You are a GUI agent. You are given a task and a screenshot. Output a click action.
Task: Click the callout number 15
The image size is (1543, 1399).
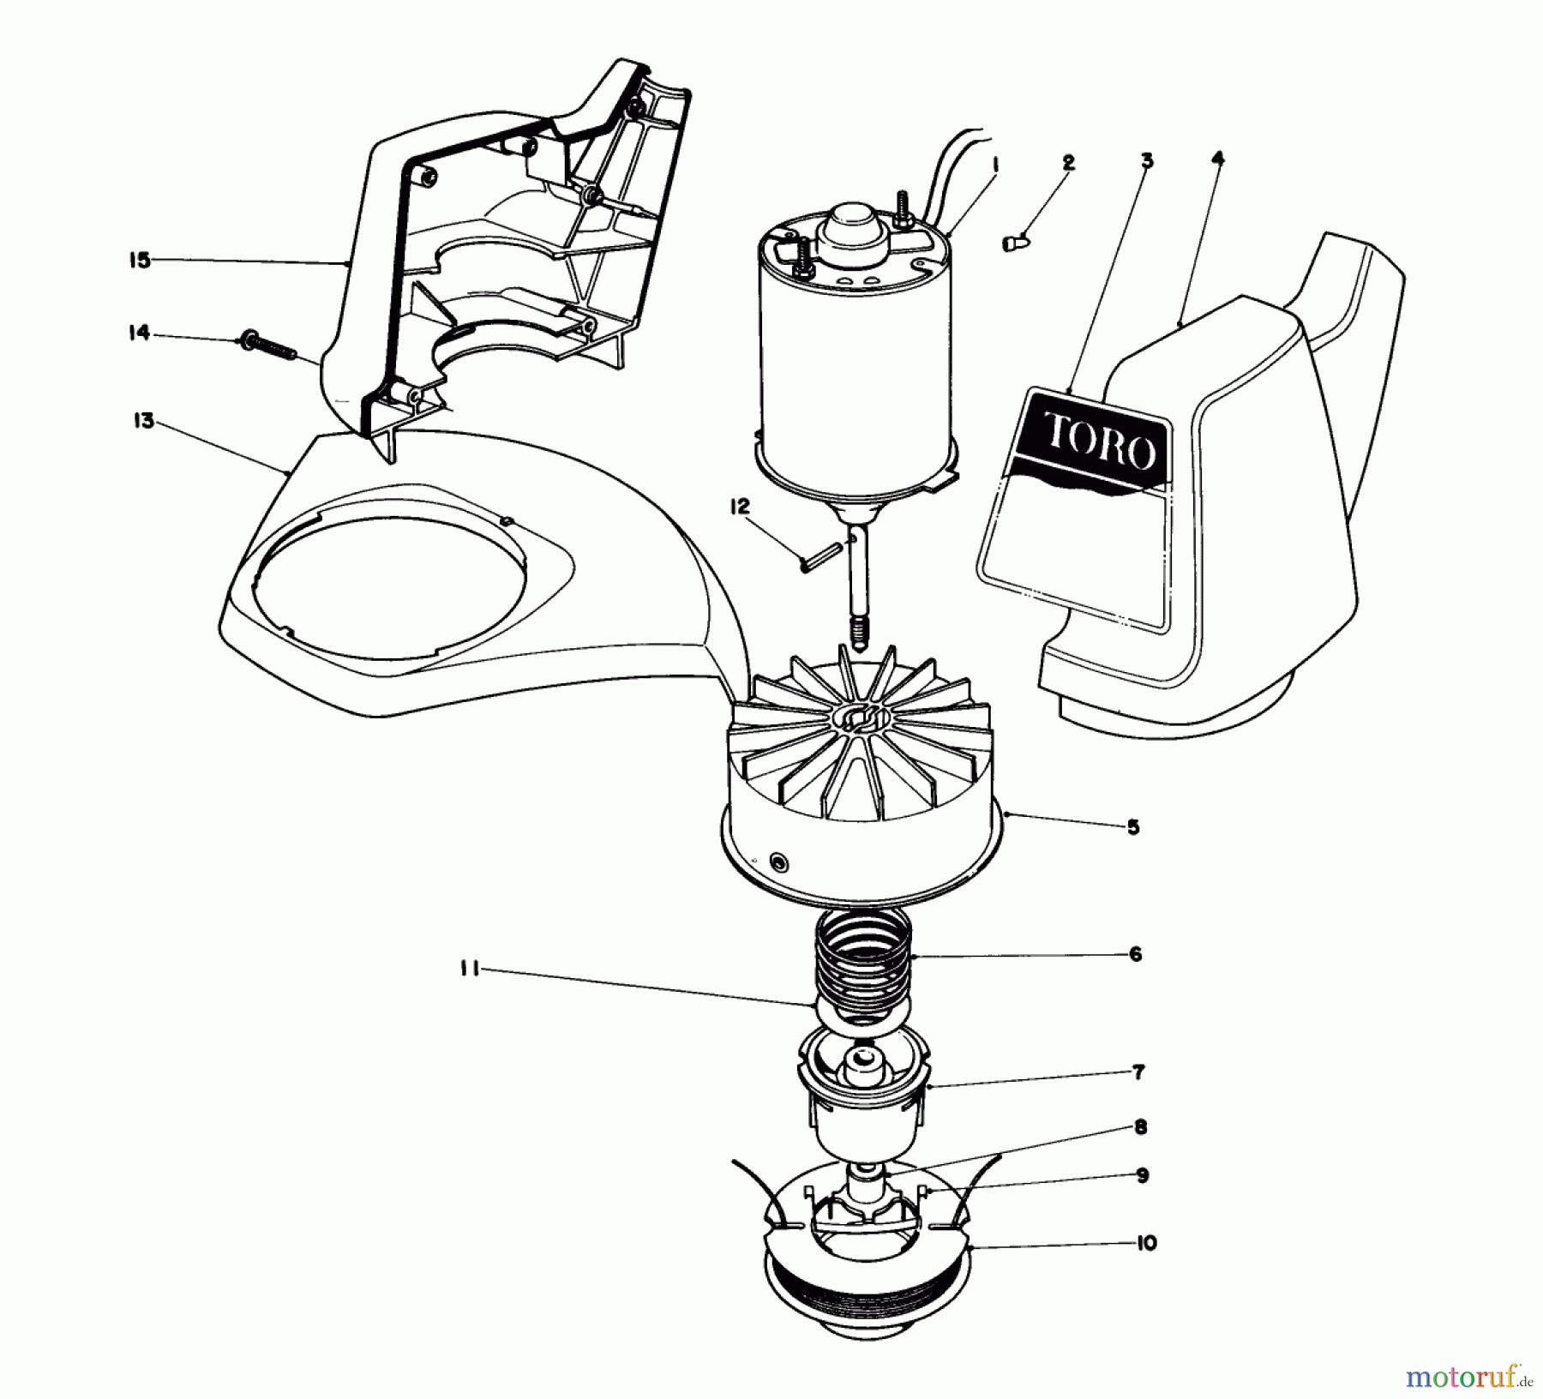(140, 260)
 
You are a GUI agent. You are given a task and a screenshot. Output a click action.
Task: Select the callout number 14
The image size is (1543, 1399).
(139, 333)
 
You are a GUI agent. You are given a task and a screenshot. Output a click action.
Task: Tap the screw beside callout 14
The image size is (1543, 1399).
(267, 346)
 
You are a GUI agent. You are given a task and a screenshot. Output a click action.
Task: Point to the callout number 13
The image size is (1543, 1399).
(143, 421)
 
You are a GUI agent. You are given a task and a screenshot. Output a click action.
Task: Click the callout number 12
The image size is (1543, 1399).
(740, 507)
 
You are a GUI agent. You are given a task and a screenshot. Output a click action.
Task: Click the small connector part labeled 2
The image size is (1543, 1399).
(1017, 243)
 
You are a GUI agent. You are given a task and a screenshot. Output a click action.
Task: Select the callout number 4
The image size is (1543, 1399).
(1218, 159)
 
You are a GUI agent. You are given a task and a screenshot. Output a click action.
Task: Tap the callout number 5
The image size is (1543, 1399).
(1132, 827)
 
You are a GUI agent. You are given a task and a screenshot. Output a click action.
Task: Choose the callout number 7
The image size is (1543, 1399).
(1138, 1072)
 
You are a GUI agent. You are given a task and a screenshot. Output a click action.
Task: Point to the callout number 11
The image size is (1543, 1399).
(468, 972)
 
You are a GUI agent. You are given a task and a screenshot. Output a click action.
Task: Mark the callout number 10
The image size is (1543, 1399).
(1147, 1242)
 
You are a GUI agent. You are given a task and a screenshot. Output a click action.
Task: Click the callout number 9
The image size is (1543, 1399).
(1142, 1176)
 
